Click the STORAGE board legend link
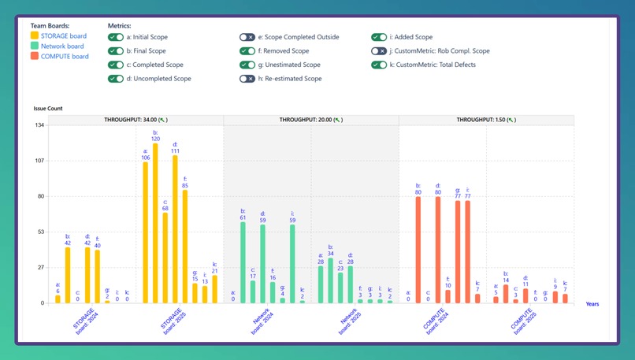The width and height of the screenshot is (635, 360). (64, 35)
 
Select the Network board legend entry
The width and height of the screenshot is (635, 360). (63, 46)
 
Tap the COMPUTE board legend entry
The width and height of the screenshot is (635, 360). (65, 56)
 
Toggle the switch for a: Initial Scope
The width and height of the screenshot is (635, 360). (116, 37)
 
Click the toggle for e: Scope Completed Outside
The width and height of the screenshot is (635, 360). (247, 37)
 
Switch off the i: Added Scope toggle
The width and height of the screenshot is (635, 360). (380, 37)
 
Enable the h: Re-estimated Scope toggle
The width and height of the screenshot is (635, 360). (247, 79)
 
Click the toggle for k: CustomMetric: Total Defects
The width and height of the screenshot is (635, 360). (380, 65)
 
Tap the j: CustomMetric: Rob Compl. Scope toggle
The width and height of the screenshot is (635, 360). (380, 51)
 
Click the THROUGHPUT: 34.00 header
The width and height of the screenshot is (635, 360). (136, 120)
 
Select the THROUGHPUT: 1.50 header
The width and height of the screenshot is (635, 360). (486, 120)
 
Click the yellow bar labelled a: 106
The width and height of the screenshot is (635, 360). (146, 232)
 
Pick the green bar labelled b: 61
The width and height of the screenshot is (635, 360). (243, 262)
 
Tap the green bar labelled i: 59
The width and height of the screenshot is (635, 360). (292, 264)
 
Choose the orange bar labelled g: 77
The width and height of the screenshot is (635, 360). (458, 252)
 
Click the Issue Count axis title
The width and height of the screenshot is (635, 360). (48, 108)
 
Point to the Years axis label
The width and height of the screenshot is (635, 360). (592, 304)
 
